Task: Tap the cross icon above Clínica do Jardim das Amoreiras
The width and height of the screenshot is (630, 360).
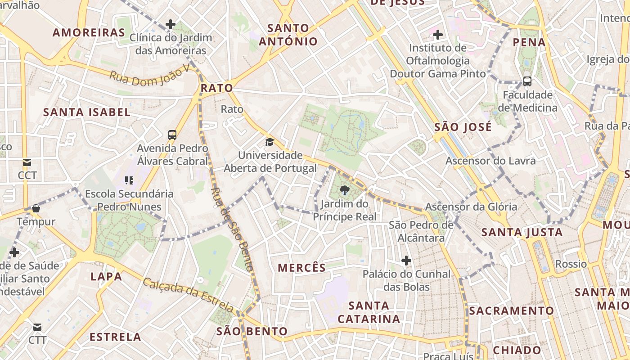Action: [170, 24]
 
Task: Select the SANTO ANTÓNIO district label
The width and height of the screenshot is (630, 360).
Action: [288, 35]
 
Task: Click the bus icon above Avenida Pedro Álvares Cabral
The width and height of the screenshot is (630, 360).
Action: [172, 135]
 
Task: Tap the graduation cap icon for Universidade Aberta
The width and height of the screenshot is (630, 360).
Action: [270, 142]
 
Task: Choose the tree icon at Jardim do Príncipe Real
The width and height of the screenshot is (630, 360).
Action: [345, 190]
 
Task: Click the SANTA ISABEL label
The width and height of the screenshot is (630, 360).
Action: [87, 112]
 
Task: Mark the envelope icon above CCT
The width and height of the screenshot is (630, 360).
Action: [27, 162]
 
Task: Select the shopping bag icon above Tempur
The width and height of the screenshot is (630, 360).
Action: [36, 208]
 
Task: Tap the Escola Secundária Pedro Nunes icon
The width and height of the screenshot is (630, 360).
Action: [129, 180]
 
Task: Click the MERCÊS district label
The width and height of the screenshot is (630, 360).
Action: [301, 268]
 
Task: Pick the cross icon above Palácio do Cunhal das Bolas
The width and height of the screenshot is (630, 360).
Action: [406, 260]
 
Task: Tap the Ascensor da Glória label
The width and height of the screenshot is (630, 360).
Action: [471, 207]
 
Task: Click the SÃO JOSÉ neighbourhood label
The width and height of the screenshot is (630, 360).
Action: [463, 127]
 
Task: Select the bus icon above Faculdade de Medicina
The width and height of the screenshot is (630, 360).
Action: [527, 81]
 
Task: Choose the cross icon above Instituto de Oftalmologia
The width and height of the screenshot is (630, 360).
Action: [437, 34]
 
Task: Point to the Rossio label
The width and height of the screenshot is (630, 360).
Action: [571, 264]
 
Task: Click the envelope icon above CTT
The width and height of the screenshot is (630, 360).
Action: [37, 327]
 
